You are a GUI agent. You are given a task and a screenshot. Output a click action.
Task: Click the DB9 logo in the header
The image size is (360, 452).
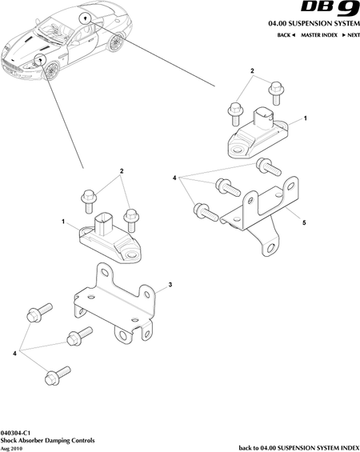click(330, 8)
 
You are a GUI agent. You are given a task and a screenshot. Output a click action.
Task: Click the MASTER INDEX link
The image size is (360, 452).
click(319, 35)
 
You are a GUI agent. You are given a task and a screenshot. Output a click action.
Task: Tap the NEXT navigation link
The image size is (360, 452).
click(351, 35)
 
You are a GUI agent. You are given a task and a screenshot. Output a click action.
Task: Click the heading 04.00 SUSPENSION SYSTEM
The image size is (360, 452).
click(314, 23)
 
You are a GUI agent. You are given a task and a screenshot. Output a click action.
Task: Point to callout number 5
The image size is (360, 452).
click(304, 222)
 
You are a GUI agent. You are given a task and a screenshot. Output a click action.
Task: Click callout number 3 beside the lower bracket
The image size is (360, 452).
click(170, 285)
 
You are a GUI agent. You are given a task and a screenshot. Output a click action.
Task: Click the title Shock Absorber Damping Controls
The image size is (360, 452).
click(47, 441)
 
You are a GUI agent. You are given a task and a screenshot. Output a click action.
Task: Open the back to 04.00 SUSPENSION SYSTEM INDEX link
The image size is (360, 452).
click(299, 448)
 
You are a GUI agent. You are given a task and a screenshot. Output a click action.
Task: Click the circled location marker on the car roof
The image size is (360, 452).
click(86, 18)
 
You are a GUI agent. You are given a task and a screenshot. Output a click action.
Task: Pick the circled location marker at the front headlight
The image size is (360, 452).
click(40, 60)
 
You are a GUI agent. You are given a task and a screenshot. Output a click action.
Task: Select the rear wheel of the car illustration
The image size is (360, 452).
click(116, 42)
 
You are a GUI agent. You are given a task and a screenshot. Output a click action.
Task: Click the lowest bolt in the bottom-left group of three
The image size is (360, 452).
click(57, 376)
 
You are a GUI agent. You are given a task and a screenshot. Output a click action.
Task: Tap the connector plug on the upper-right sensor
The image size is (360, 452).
click(262, 119)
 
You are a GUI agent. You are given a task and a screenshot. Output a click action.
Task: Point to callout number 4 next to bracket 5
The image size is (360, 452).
click(174, 178)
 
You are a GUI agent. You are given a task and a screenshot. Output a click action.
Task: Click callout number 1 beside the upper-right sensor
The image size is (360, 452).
click(306, 118)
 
